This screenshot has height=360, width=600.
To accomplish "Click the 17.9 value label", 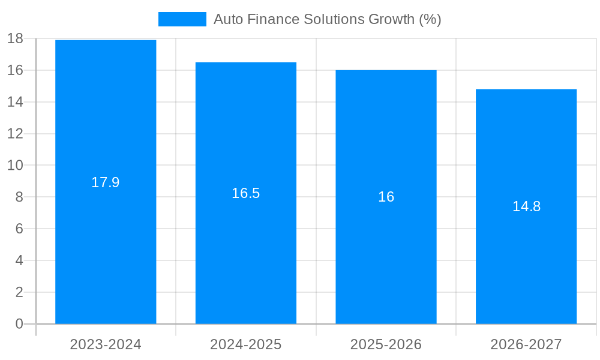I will pyautogui.click(x=106, y=182).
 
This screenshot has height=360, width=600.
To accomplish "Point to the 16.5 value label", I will pyautogui.click(x=246, y=193).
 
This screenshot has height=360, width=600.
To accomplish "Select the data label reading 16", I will pyautogui.click(x=386, y=197).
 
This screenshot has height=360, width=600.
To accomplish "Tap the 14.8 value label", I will pyautogui.click(x=526, y=206).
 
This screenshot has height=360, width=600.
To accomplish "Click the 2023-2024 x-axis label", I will pyautogui.click(x=106, y=344).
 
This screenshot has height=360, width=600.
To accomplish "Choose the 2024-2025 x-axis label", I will pyautogui.click(x=246, y=344).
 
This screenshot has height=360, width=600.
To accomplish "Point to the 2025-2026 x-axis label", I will pyautogui.click(x=386, y=344).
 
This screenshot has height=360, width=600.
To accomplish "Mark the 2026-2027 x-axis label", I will pyautogui.click(x=526, y=344).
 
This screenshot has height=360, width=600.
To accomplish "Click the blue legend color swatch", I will pyautogui.click(x=182, y=19).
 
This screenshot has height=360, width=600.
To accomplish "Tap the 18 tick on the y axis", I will pyautogui.click(x=15, y=38).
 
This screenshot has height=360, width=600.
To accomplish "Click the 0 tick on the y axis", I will pyautogui.click(x=19, y=324).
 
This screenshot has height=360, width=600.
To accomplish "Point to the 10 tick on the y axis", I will pyautogui.click(x=15, y=166).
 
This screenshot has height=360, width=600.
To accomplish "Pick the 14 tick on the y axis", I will pyautogui.click(x=15, y=102).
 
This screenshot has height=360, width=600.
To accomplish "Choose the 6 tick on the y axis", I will pyautogui.click(x=19, y=229).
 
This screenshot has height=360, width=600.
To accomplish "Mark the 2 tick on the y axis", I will pyautogui.click(x=19, y=292).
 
